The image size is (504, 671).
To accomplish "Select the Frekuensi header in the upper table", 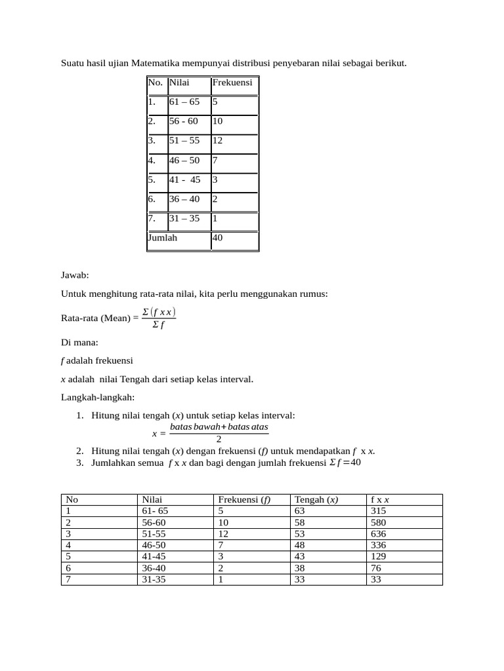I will point(232,83).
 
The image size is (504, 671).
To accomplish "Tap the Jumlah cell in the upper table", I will point(163,238).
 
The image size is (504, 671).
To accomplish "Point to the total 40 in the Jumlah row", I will point(217,238).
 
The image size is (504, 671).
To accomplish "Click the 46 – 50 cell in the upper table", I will point(184,160).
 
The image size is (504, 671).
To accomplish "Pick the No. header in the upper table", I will point(156,83).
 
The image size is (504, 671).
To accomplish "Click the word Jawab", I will point(75,277).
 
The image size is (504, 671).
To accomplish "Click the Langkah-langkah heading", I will point(98,397).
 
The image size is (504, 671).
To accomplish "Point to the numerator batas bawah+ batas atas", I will point(219,427).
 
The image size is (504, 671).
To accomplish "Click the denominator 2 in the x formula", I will point(219,439).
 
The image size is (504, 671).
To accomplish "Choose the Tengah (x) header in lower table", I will point(316,499).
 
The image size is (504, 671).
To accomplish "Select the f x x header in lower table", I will point(380,499).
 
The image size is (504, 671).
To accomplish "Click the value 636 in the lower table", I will point(379,533).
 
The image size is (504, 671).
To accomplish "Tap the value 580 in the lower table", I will point(379,522).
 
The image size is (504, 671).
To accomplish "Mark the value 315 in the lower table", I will point(379,511).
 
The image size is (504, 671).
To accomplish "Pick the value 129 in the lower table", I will point(379,556).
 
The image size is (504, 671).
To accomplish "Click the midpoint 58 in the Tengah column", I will point(301,522).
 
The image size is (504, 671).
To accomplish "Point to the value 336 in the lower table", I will point(379,545).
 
